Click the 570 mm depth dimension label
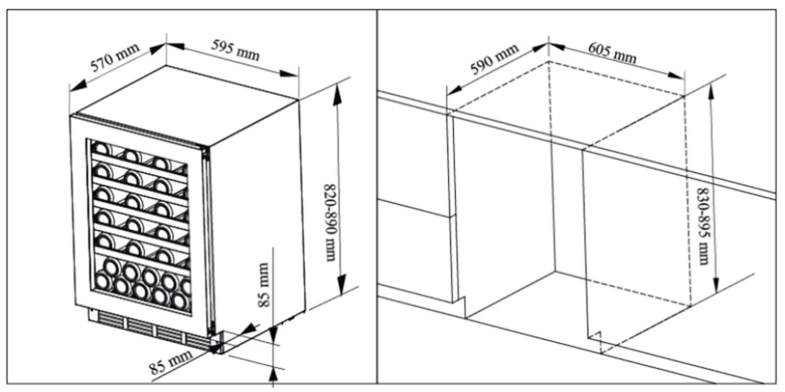[x=115, y=58]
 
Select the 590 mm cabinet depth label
[x=494, y=59]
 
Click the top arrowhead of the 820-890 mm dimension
[x=338, y=91]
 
